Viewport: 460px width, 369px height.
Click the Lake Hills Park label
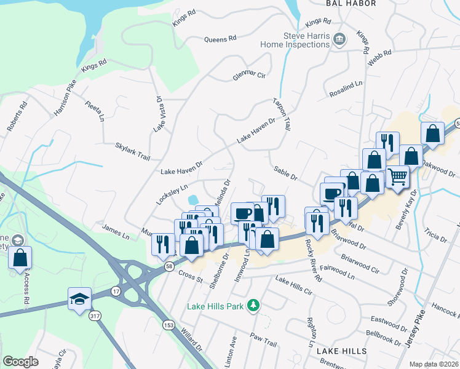point(216,306)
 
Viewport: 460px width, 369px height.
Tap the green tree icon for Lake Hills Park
point(252,305)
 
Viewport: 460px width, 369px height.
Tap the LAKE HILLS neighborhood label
point(341,351)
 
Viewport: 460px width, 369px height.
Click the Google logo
point(20,362)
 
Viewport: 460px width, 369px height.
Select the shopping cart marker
point(398,177)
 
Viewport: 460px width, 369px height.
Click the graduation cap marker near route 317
point(79,300)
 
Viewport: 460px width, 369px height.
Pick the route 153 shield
point(168,323)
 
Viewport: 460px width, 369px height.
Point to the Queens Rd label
point(220,39)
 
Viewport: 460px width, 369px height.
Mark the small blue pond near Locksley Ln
point(192,199)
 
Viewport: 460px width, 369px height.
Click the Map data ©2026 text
point(432,364)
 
